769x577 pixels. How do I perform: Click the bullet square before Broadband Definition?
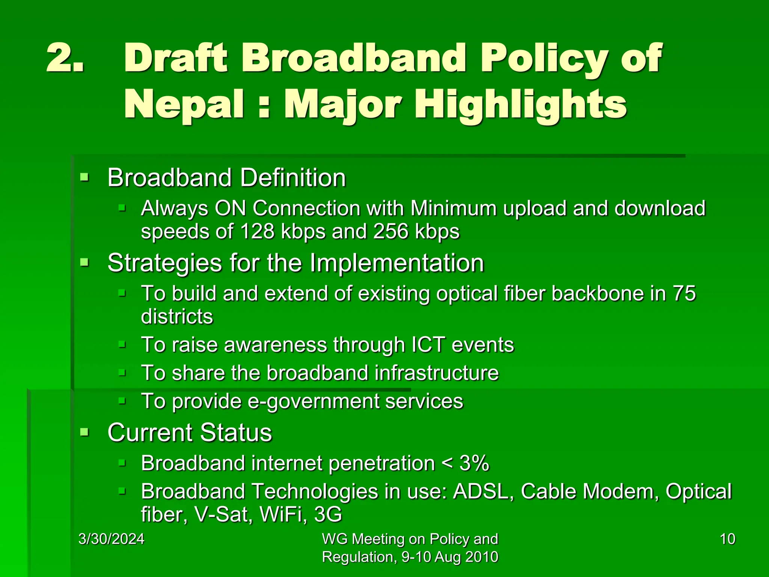(84, 177)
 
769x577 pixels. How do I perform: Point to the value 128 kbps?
(282, 231)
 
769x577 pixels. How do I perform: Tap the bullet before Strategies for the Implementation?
(84, 262)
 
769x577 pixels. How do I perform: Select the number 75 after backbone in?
(683, 293)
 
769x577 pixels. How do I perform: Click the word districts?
(177, 316)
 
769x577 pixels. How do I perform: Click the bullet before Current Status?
(84, 432)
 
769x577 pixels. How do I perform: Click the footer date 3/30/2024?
(112, 539)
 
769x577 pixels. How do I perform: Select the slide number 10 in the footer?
(727, 539)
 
